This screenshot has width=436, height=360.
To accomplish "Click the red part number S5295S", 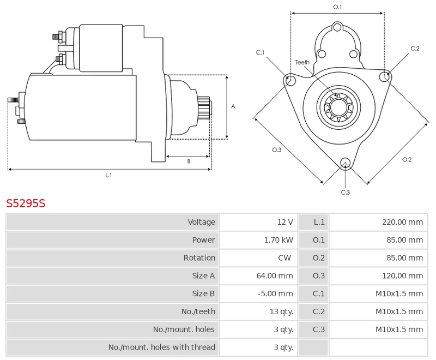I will pos(26,204).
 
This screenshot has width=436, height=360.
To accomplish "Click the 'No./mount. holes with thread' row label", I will pos(161,347).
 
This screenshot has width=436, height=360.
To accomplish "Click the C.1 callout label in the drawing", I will pos(260,52).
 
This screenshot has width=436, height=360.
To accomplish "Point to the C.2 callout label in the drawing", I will pos(415,49).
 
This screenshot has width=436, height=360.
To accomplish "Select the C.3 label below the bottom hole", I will pos(345,192).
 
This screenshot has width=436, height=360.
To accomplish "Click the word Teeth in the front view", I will pos(302,62).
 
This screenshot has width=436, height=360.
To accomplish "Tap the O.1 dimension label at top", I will pos(337,7).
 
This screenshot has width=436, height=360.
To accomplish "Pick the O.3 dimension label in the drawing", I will pos(276,150).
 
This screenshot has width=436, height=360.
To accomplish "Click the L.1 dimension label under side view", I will pos(108,175).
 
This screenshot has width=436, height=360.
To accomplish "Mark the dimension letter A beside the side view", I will pos(233,106).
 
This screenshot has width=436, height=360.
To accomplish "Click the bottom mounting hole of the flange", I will pos(344,162).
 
